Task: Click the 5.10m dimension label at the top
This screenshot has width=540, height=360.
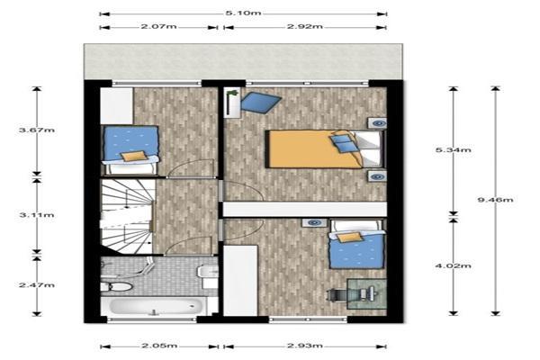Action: [244, 13]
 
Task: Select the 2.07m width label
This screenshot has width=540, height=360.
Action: [158, 27]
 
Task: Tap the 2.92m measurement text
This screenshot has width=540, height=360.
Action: [304, 27]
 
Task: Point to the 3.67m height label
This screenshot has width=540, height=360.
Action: [36, 131]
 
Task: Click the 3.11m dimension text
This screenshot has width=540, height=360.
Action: [36, 215]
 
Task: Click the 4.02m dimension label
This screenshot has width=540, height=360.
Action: [454, 265]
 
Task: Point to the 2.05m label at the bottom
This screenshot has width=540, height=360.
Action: [159, 345]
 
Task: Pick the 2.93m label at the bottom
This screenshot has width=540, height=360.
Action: [305, 345]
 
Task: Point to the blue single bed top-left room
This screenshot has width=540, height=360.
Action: [131, 148]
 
